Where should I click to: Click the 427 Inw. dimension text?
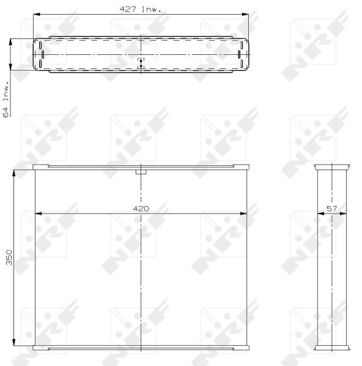pos(141,9)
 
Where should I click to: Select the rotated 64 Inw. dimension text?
pos(6,99)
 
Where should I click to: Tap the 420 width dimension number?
pos(141,209)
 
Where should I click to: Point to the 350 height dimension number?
pos(9,257)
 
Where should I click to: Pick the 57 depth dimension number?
pos(332,209)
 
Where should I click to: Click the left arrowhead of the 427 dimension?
pos(37,15)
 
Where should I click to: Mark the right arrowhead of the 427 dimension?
pos(245,15)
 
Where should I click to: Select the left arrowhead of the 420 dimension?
pos(39,213)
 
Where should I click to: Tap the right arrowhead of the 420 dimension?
pos(243,213)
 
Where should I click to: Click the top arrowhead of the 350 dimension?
pos(14,173)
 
